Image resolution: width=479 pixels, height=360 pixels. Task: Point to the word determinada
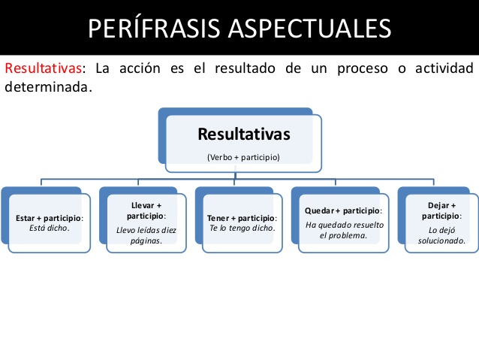click(x=47, y=87)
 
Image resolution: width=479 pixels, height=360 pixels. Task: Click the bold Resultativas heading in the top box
click(x=243, y=135)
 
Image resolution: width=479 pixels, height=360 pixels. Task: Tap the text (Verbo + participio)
click(x=243, y=158)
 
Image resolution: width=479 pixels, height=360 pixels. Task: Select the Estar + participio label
click(x=49, y=218)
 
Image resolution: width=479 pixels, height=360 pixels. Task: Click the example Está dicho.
click(x=49, y=228)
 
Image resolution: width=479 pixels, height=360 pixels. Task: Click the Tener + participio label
click(x=242, y=218)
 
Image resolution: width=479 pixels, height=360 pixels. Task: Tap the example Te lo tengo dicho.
click(x=242, y=228)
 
